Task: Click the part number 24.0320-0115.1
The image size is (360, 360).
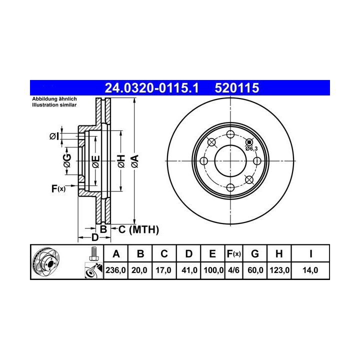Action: click(151, 88)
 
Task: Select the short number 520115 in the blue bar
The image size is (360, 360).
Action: click(237, 88)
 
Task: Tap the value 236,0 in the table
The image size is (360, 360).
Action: click(115, 270)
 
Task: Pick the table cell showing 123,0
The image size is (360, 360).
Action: click(279, 270)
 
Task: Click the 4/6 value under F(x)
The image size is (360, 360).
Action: click(233, 270)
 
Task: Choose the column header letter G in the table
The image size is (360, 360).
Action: click(255, 254)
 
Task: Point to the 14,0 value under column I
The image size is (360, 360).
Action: click(310, 270)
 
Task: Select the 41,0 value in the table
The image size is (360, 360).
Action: click(189, 270)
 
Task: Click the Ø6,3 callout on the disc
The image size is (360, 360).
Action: click(251, 148)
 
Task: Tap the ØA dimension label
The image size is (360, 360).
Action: click(135, 161)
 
